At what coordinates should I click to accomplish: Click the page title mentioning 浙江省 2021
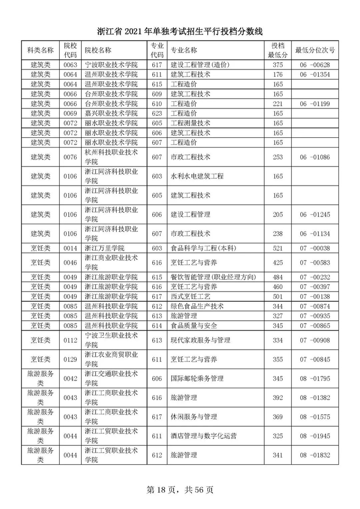pyautogui.click(x=180, y=32)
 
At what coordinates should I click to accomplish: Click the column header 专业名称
pyautogui.click(x=184, y=50)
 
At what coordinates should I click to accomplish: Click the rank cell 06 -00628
pyautogui.click(x=315, y=65)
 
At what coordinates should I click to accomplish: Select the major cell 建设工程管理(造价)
pyautogui.click(x=200, y=65)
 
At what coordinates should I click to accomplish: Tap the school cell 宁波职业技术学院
pyautogui.click(x=112, y=65)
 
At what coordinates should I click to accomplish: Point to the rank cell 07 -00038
pyautogui.click(x=315, y=248)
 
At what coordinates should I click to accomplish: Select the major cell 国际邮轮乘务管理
pyautogui.click(x=197, y=379)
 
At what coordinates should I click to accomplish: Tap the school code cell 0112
pyautogui.click(x=70, y=340)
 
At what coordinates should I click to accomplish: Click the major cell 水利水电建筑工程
pyautogui.click(x=197, y=176)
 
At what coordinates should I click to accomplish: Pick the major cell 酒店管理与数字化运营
pyautogui.click(x=204, y=437)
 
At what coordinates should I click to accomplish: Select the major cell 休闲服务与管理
pyautogui.click(x=194, y=417)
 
